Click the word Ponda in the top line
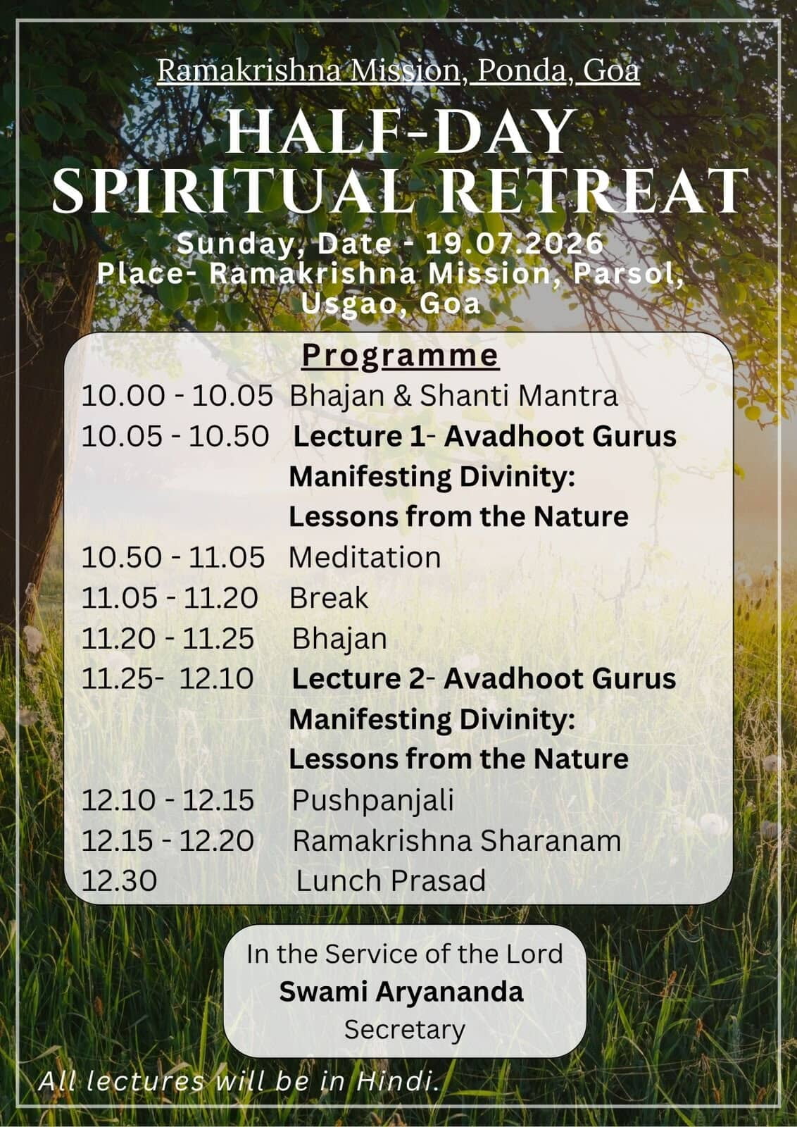(x=521, y=71)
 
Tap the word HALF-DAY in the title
(x=401, y=131)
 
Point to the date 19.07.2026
(x=514, y=244)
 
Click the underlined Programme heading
(x=400, y=356)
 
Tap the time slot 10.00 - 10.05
(x=177, y=396)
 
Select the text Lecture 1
(x=359, y=436)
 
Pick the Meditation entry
(x=365, y=557)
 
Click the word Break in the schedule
(x=329, y=598)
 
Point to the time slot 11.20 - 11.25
(x=168, y=639)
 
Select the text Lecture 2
(x=358, y=679)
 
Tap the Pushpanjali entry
(x=373, y=800)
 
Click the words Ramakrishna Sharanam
(x=456, y=841)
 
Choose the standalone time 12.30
(x=119, y=881)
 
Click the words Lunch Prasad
(x=391, y=881)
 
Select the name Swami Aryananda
(x=401, y=992)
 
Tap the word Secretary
(x=405, y=1029)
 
